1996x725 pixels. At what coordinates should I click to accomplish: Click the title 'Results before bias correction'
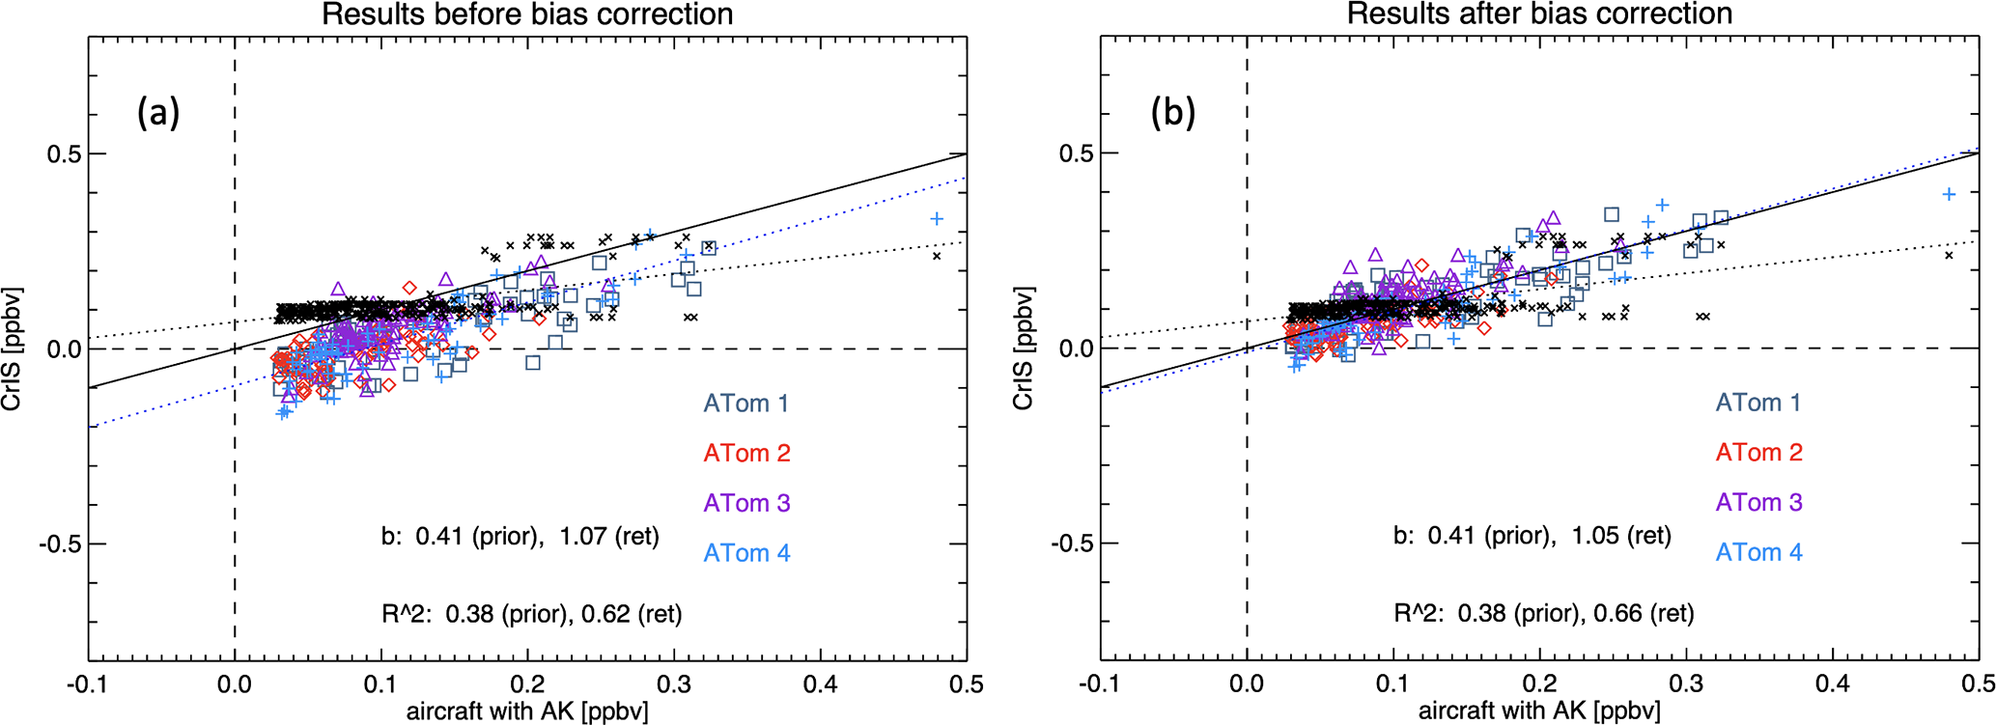[x=527, y=14]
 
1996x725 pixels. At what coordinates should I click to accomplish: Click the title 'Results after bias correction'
[x=1539, y=14]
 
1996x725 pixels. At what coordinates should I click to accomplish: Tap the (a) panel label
[x=158, y=113]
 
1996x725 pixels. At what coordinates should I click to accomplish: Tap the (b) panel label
[x=1173, y=113]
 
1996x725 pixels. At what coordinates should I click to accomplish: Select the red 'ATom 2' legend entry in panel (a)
[x=746, y=453]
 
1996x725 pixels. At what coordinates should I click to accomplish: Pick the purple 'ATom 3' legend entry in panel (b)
[x=1758, y=502]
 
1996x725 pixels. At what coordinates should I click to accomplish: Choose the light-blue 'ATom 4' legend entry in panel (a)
[x=746, y=553]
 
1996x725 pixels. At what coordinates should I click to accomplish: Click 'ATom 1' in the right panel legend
[x=1758, y=403]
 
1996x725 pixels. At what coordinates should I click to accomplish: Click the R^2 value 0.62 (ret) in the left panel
[x=632, y=613]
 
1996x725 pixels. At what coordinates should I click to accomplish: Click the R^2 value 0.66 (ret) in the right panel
[x=1644, y=613]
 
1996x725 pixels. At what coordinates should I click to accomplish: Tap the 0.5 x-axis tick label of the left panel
[x=967, y=684]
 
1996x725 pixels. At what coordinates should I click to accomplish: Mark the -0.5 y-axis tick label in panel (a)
[x=58, y=544]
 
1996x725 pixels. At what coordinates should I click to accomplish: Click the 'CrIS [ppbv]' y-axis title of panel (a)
[x=13, y=349]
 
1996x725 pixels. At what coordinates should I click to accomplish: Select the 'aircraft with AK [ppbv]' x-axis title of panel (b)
[x=1539, y=712]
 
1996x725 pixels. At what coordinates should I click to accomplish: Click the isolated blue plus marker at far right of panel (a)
[x=937, y=219]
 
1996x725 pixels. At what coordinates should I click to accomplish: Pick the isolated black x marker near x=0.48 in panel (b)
[x=1949, y=255]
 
